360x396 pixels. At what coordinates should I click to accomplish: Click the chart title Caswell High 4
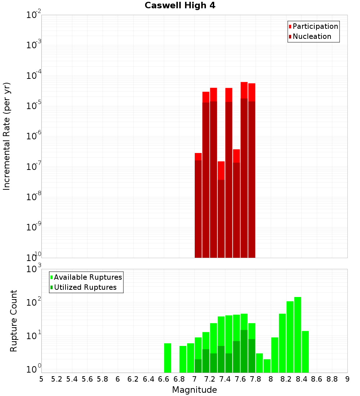(180, 6)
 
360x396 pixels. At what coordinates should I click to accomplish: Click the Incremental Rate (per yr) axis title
(7, 136)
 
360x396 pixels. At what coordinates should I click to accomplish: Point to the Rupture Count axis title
(14, 321)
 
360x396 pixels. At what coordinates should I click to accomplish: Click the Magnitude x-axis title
(194, 390)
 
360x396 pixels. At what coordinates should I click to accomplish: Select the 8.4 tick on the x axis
(301, 379)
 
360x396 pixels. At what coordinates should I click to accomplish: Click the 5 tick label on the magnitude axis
(41, 379)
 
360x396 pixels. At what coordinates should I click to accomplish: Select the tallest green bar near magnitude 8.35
(298, 335)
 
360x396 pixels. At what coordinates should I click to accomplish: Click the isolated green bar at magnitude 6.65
(167, 358)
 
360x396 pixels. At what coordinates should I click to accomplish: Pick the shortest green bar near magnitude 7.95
(267, 366)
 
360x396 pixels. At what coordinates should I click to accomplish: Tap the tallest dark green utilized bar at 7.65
(244, 351)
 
